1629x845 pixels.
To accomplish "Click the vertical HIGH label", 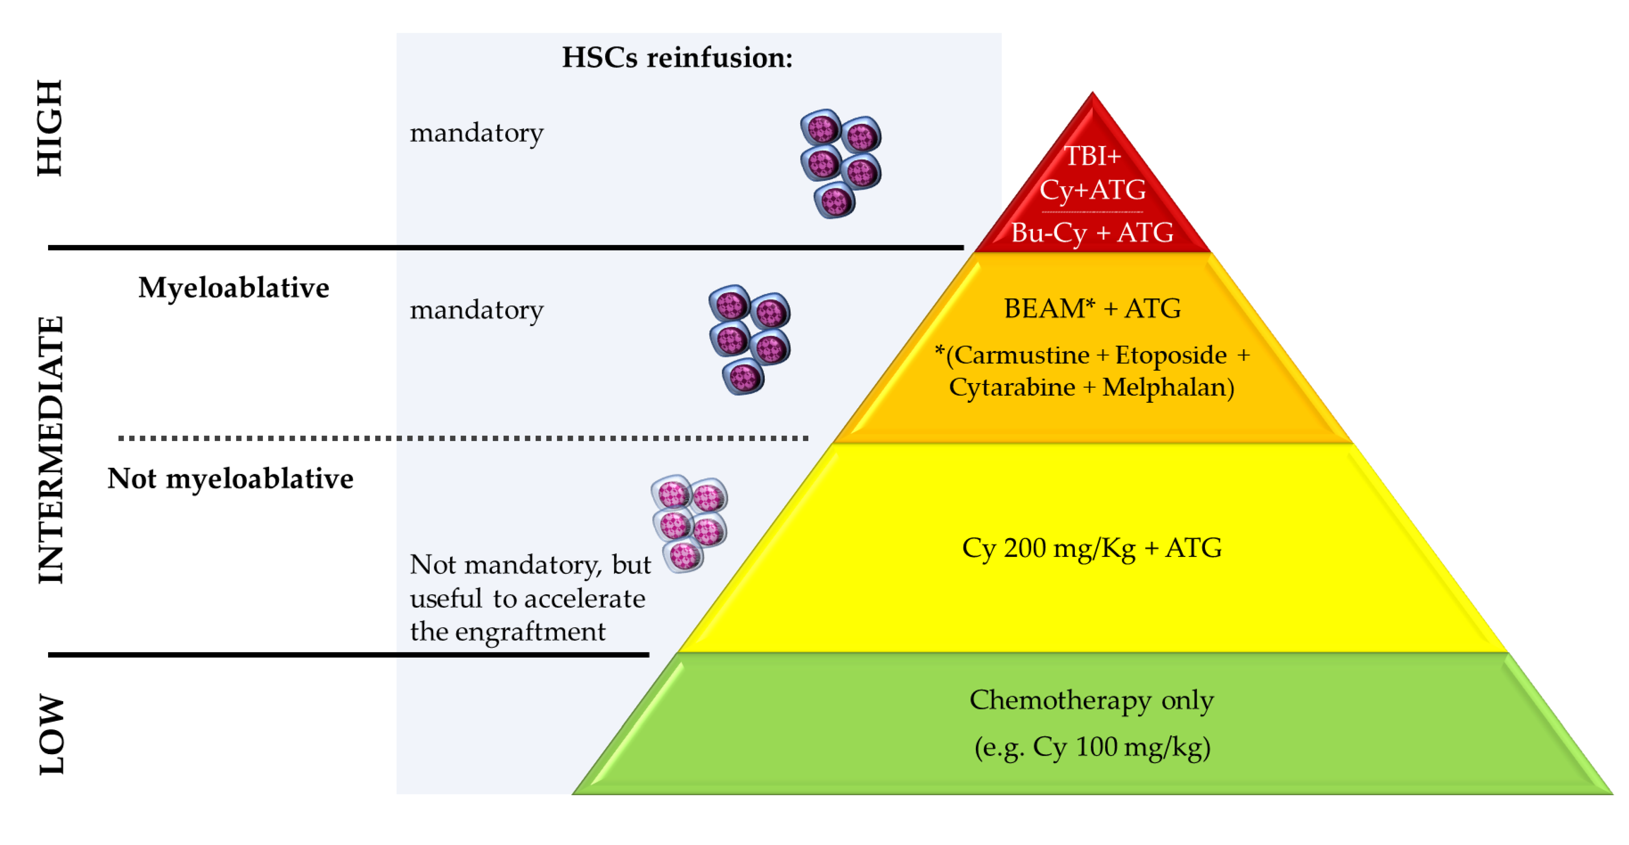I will pos(49,128).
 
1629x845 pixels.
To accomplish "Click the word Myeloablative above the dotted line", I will pos(234,288).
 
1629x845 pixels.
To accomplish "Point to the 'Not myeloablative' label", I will pos(230,479).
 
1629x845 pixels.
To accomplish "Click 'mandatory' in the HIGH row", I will pos(476,133).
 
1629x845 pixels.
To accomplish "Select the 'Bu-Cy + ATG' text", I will pos(1092,233).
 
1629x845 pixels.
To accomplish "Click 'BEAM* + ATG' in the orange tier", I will pos(1092,309).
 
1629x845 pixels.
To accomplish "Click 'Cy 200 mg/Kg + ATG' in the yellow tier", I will pos(1092,548).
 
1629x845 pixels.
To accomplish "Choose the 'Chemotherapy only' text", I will pos(1092,700).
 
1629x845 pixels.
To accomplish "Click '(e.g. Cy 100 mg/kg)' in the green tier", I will pos(1092,747).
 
